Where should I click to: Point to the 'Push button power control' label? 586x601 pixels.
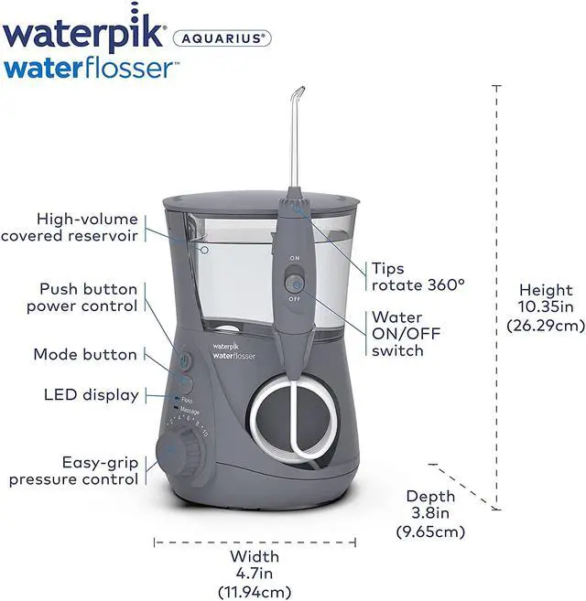pyautogui.click(x=81, y=297)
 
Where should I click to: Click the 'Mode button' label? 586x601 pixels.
pyautogui.click(x=85, y=354)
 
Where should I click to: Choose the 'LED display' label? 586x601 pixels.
pyautogui.click(x=92, y=395)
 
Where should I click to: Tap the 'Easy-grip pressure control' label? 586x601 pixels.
pyautogui.click(x=74, y=470)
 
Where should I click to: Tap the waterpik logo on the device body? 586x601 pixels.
pyautogui.click(x=225, y=347)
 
